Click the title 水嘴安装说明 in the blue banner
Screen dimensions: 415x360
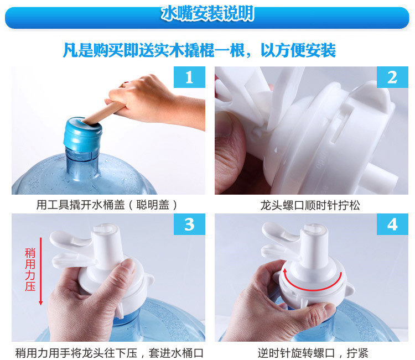click(x=207, y=13)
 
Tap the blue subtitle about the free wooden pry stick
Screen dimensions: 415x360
click(x=199, y=50)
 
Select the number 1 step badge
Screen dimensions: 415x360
click(x=189, y=77)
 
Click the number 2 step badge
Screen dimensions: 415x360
click(x=392, y=77)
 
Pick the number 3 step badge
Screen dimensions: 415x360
click(x=189, y=225)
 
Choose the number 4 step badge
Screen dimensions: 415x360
click(x=392, y=225)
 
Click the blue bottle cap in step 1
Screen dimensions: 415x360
click(x=82, y=134)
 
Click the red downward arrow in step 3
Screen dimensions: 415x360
click(x=41, y=272)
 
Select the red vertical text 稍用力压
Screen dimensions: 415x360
click(x=30, y=270)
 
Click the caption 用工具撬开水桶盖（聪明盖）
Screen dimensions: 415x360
click(x=107, y=205)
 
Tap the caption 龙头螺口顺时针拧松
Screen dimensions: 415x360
click(x=310, y=205)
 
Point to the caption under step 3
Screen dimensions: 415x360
click(x=109, y=353)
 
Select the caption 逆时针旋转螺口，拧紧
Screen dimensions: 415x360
click(x=313, y=353)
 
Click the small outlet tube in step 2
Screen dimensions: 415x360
click(x=381, y=176)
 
